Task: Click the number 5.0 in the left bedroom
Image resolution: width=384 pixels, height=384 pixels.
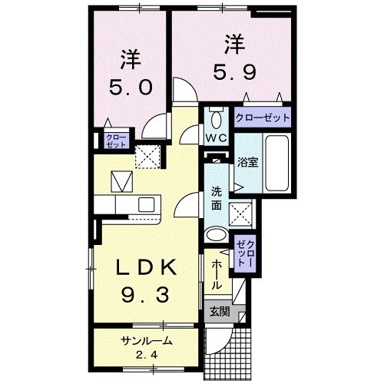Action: pos(131,86)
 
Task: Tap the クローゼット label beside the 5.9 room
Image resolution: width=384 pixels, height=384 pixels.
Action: pos(263,118)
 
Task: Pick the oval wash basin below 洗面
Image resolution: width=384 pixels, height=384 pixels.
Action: pos(217,235)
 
